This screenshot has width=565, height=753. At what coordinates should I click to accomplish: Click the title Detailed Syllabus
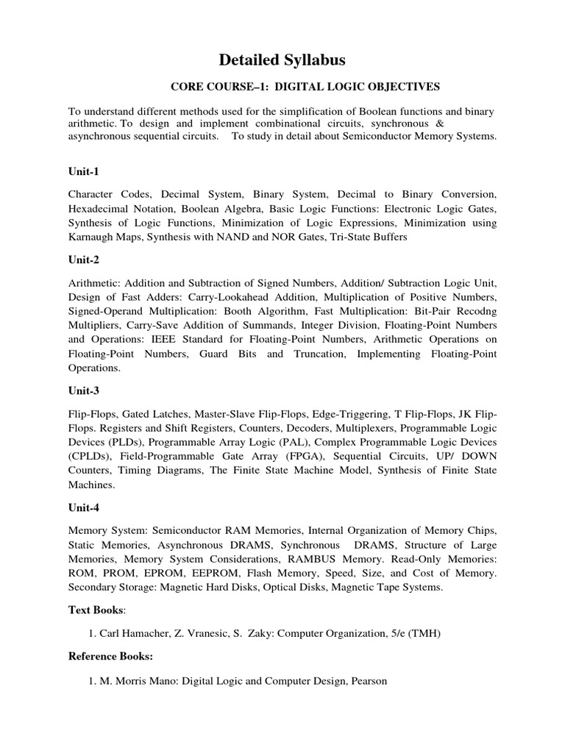click(x=283, y=60)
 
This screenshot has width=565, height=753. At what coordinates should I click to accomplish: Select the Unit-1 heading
click(x=83, y=171)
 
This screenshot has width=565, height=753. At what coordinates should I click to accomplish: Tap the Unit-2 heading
click(x=83, y=260)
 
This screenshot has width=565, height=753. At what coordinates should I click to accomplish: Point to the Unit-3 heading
click(x=83, y=391)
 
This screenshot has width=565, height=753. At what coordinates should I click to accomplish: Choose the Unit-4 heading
click(x=83, y=508)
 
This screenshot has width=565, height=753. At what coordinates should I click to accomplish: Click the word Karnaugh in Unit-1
click(x=92, y=238)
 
